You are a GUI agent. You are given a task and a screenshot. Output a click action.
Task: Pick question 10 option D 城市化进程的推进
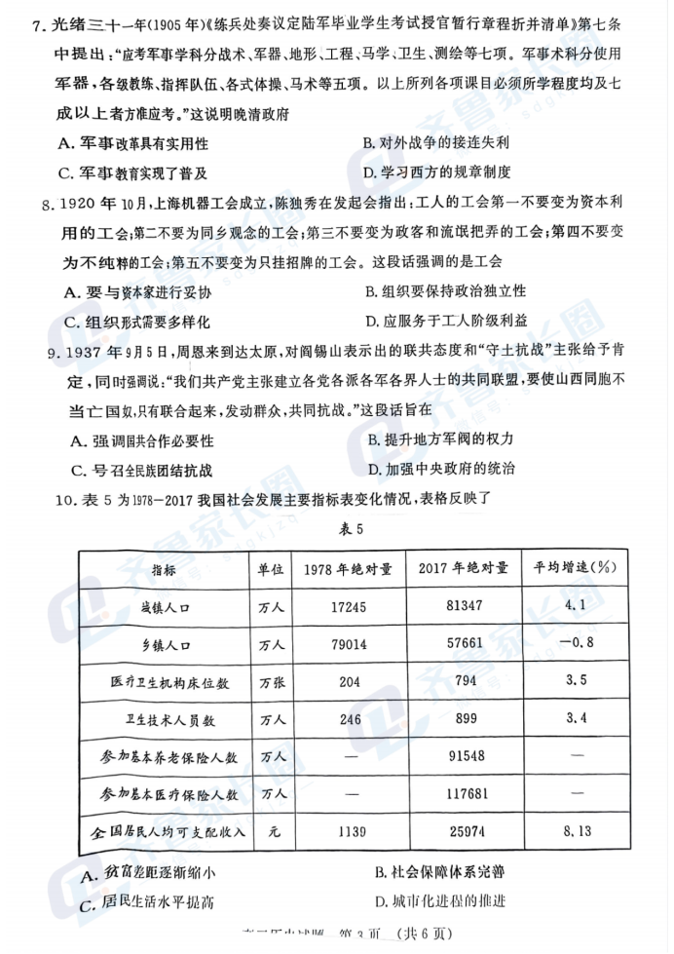click(439, 900)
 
